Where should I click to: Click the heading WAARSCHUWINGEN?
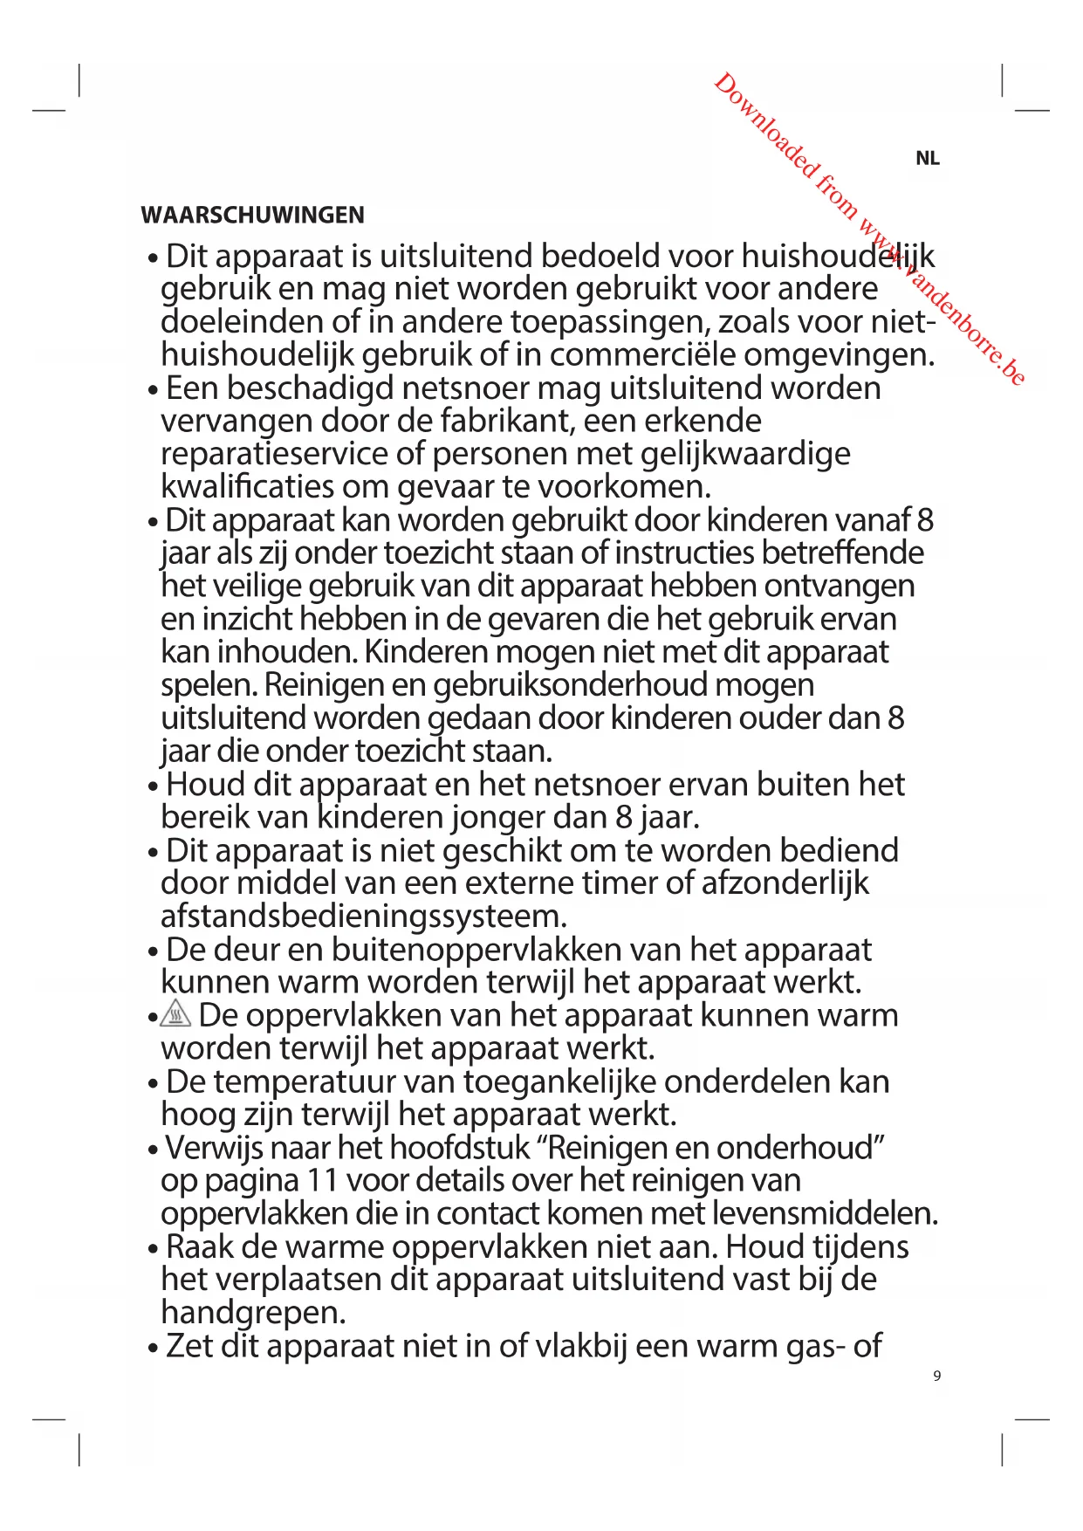point(252,215)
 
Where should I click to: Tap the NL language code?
point(927,158)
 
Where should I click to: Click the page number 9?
point(937,1376)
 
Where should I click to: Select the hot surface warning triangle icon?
point(176,1014)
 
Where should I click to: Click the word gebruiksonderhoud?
point(570,684)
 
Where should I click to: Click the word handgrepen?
point(253,1313)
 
